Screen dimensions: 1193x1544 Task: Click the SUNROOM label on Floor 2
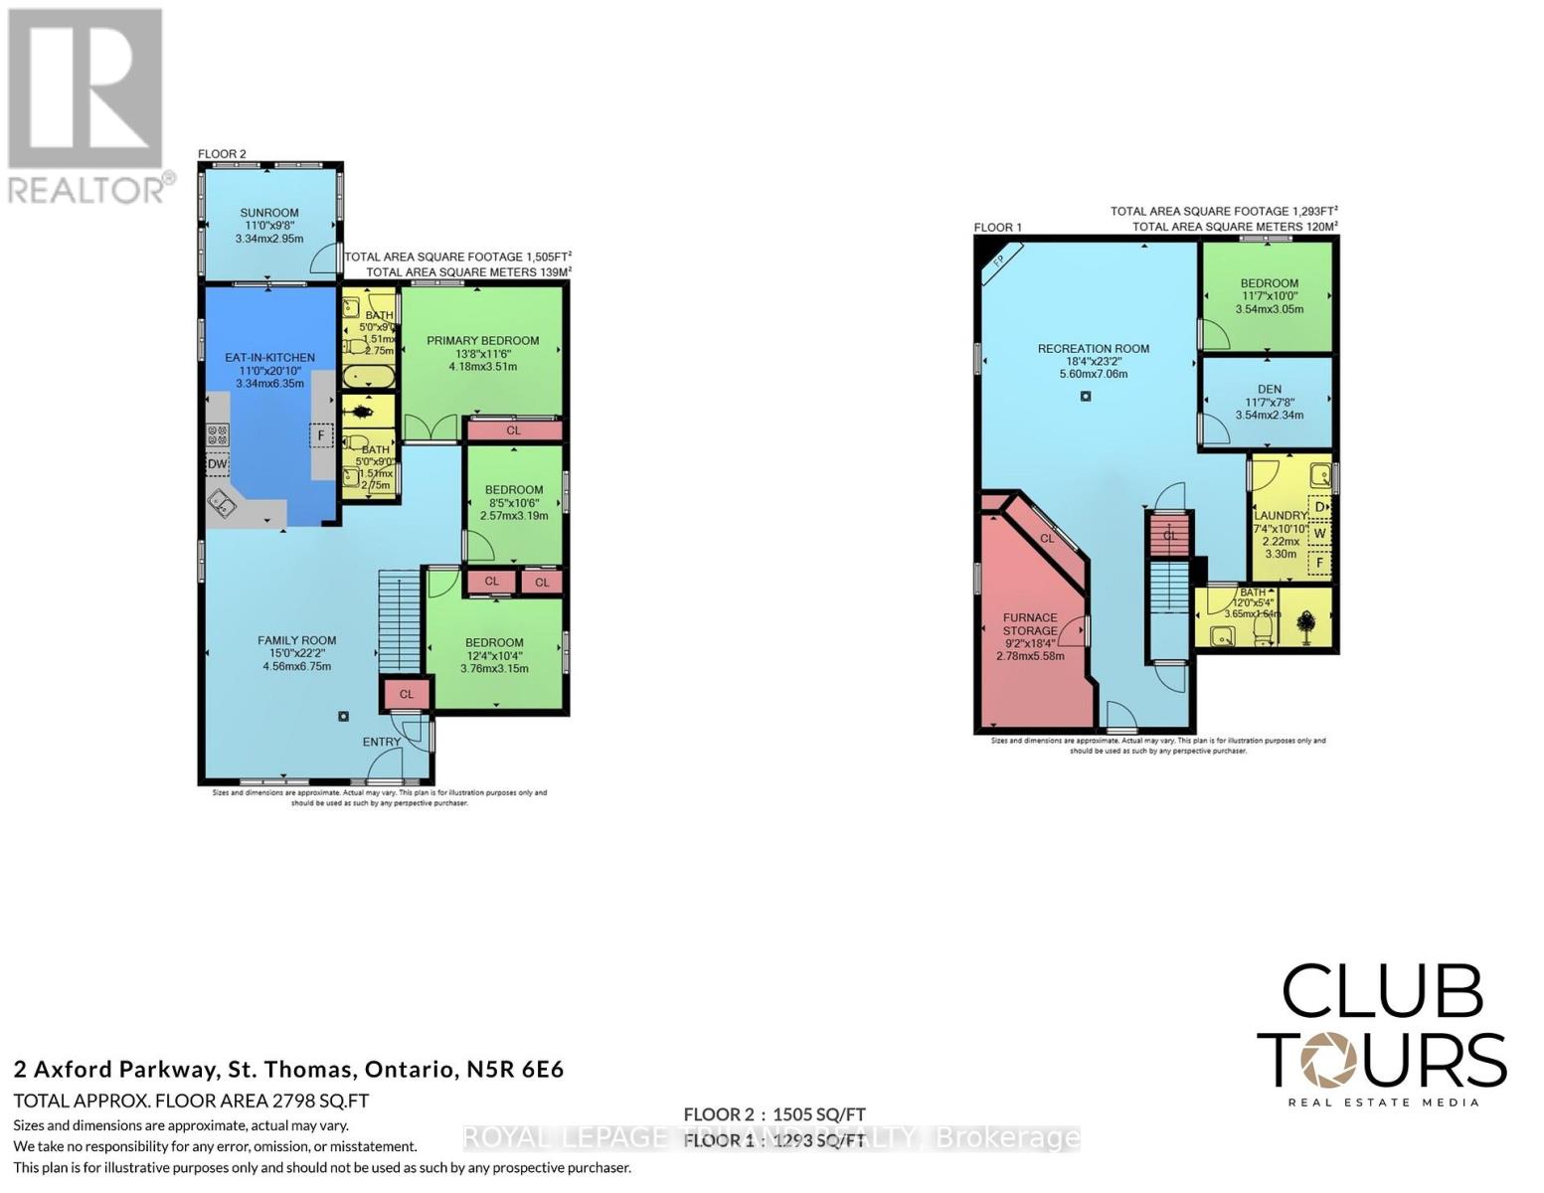(268, 213)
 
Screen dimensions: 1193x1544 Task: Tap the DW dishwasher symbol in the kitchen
(217, 464)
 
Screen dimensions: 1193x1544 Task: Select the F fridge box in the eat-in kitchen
(321, 435)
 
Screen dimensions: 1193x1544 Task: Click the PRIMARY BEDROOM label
(483, 340)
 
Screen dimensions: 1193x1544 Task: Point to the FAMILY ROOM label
(296, 640)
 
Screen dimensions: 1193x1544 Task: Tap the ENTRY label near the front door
(382, 742)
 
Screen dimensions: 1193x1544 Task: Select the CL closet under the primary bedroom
(513, 430)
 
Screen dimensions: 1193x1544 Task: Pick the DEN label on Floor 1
(1269, 389)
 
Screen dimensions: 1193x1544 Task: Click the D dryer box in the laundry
(1319, 507)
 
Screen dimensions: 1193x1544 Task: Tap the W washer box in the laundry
(1319, 534)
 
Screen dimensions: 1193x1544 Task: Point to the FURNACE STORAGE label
(1030, 624)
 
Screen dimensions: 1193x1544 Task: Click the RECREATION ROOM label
(1093, 348)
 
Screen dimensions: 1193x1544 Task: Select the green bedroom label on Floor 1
(1269, 282)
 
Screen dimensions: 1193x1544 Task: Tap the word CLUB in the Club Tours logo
(1382, 990)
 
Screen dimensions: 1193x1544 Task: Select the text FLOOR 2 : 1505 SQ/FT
(773, 1114)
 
